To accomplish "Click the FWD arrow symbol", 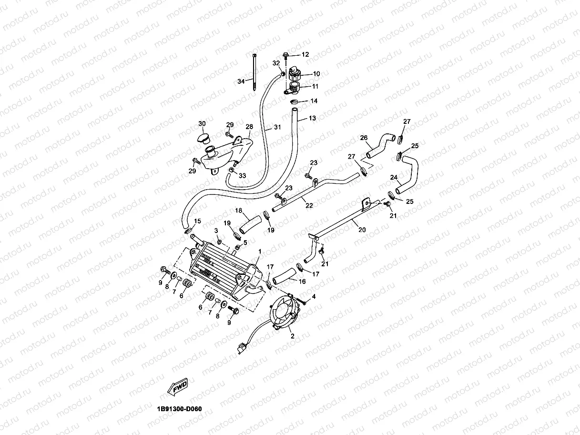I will (x=176, y=386).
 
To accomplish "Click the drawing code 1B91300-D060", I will (x=182, y=409).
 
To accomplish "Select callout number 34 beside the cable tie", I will (x=242, y=81).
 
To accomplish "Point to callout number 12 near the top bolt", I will (x=305, y=55).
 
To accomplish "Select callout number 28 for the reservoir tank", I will (x=249, y=127).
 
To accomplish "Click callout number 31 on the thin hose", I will (x=277, y=128).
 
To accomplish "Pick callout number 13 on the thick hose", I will (x=312, y=118).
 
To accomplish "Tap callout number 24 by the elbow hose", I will (x=394, y=177).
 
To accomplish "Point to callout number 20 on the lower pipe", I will (x=362, y=230).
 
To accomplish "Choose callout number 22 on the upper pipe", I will (x=309, y=205).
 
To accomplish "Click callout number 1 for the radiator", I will (x=260, y=251).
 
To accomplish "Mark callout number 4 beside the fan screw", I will (x=313, y=297).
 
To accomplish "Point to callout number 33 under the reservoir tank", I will (x=242, y=176).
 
